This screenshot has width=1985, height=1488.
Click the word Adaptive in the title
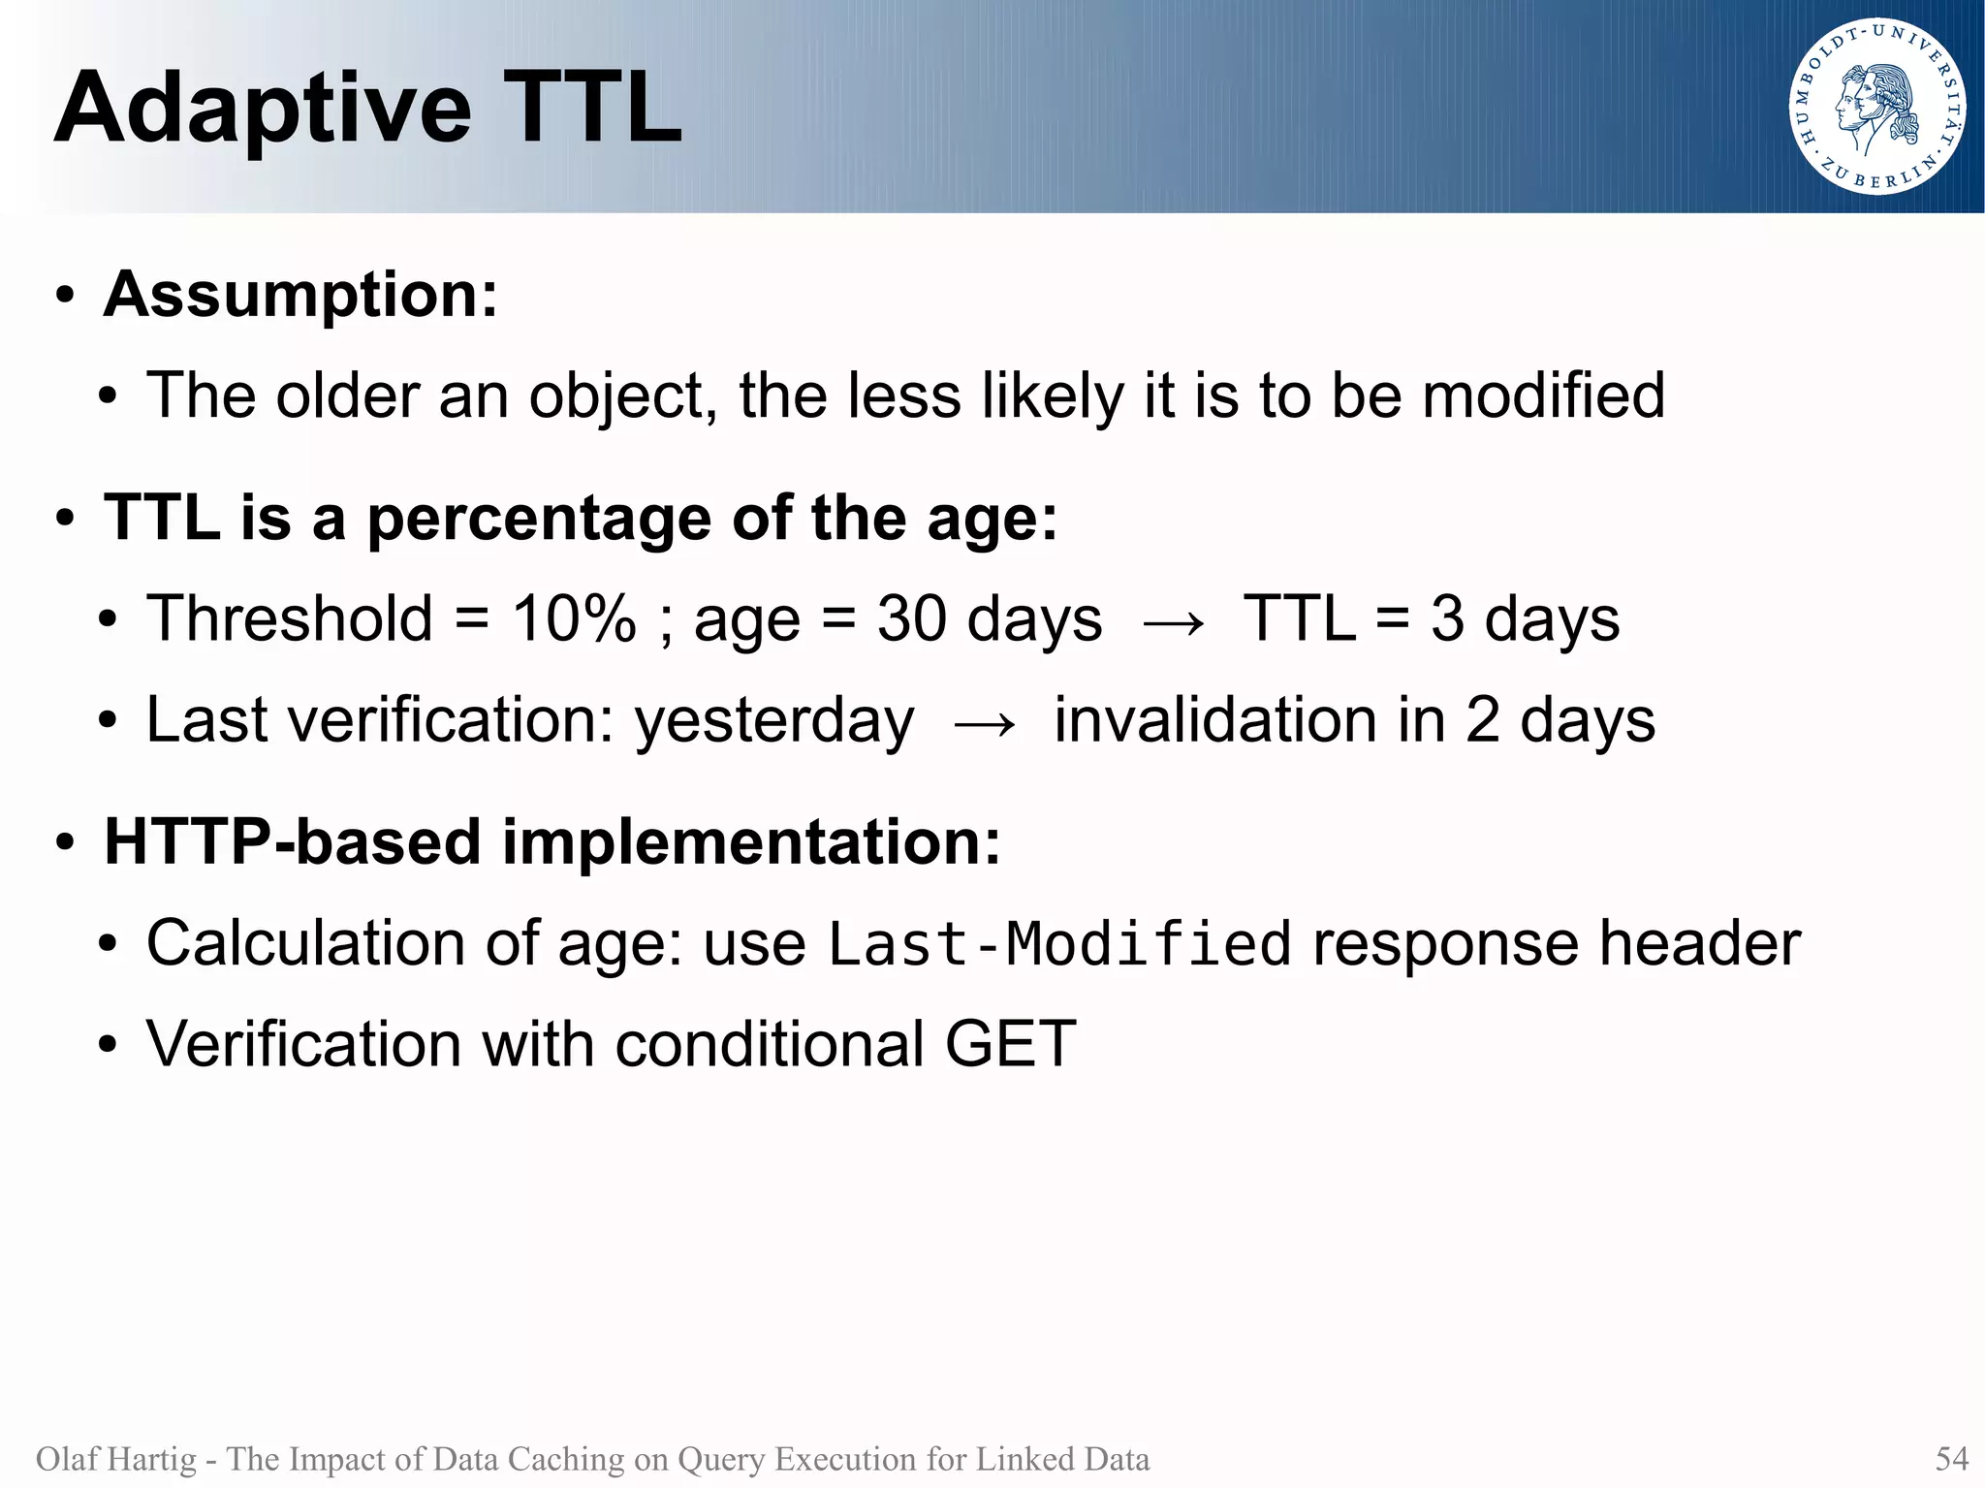click(263, 110)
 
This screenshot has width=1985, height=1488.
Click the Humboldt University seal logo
click(1877, 107)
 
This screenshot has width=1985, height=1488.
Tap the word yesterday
click(773, 721)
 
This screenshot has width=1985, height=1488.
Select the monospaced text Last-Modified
click(1058, 944)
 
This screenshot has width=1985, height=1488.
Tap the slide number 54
click(1951, 1459)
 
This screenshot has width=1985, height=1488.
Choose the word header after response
click(1699, 944)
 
